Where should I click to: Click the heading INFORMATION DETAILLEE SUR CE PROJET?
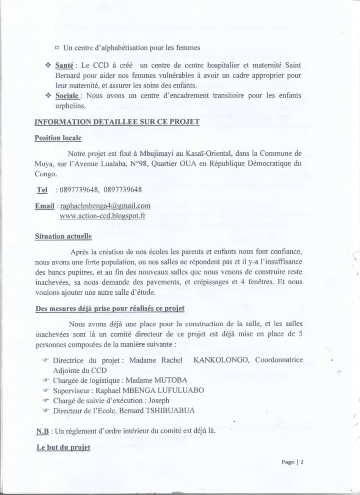(x=117, y=122)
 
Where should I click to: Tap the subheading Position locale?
(x=58, y=138)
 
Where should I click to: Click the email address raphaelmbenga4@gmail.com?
(x=105, y=206)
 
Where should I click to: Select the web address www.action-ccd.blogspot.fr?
(x=102, y=215)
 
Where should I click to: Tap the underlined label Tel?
(x=42, y=190)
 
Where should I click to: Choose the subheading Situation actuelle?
(x=63, y=236)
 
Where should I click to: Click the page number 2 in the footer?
(x=302, y=462)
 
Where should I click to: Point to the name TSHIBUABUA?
(x=170, y=410)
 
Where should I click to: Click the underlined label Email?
(x=45, y=206)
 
